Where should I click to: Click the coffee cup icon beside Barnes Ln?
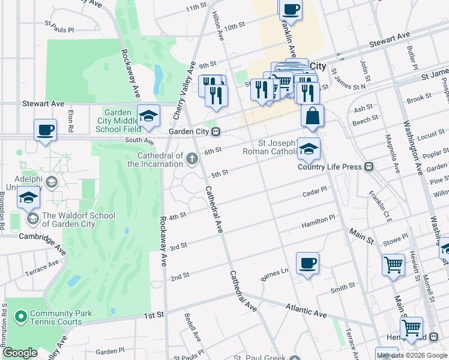click(307, 263)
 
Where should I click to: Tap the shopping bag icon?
click(312, 116)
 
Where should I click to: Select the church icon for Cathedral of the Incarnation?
click(191, 158)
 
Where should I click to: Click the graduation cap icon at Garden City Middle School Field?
click(148, 115)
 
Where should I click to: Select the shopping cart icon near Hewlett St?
click(393, 264)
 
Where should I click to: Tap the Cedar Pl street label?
click(314, 191)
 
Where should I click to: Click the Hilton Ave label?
click(220, 28)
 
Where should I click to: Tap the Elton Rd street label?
click(70, 120)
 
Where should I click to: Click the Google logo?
click(20, 353)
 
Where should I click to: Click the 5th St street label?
click(220, 173)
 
